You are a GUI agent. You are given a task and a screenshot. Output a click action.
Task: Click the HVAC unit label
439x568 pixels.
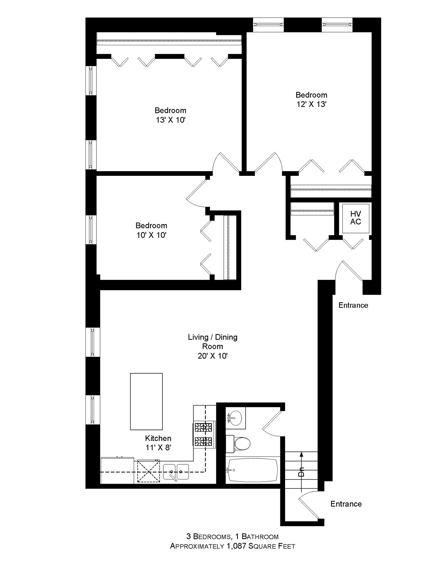356,218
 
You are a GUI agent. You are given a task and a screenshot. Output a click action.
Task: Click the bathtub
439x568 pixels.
252,470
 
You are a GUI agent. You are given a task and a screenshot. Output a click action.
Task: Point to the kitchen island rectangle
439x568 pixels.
146,401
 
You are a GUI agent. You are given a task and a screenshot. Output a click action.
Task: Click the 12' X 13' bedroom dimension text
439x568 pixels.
311,104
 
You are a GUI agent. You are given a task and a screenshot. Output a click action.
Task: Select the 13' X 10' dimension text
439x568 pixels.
170,120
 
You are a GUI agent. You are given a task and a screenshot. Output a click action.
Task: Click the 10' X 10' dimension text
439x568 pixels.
151,235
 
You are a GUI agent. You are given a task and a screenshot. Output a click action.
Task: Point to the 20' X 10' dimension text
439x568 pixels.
212,356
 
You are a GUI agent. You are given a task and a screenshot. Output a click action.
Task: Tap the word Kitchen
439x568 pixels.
158,438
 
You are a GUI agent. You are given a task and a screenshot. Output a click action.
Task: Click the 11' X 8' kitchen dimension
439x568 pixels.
158,448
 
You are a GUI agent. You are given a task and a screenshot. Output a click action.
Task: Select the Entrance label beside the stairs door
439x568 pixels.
346,504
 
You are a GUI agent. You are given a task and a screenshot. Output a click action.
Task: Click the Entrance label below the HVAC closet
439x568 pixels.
353,305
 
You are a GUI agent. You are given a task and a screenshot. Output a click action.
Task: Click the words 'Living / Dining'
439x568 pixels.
213,337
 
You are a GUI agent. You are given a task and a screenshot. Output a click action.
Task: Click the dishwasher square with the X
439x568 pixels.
148,471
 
